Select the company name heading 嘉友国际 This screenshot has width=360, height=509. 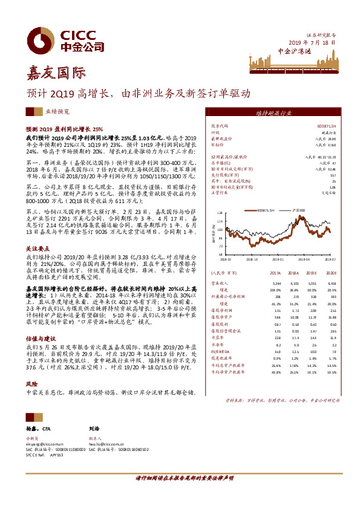pyautogui.click(x=54, y=74)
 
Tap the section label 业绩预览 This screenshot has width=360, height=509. pyautogui.click(x=58, y=112)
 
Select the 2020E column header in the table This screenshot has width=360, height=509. pyautogui.click(x=330, y=273)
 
